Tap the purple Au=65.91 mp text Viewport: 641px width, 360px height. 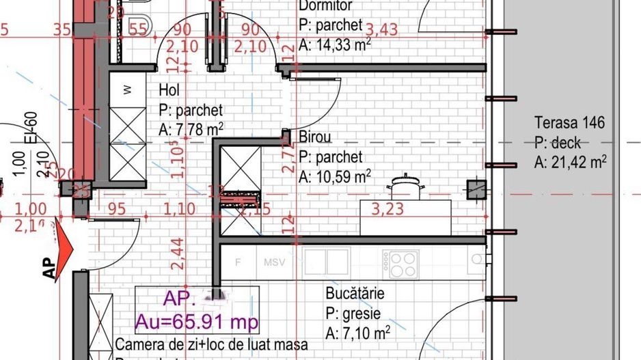tap(196, 320)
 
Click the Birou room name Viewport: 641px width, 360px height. tap(315, 137)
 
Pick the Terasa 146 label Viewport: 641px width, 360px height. tap(569, 124)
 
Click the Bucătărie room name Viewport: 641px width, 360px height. tap(355, 294)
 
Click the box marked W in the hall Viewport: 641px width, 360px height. tap(127, 89)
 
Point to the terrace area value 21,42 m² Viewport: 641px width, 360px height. tap(571, 162)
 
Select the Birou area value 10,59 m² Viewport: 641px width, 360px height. tap(335, 176)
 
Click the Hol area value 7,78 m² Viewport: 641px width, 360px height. tap(191, 129)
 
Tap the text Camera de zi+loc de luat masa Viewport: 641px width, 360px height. tap(211, 344)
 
